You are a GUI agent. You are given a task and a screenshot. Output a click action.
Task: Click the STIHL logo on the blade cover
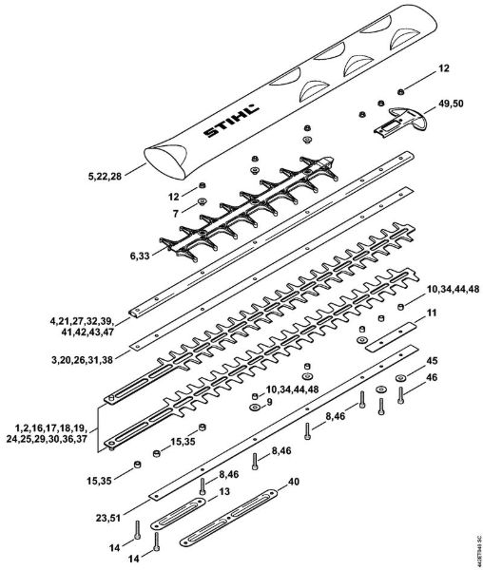pyautogui.click(x=231, y=122)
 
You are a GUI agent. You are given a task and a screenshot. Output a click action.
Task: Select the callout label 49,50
pyautogui.click(x=451, y=104)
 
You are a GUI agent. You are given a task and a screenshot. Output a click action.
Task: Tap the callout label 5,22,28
pyautogui.click(x=105, y=176)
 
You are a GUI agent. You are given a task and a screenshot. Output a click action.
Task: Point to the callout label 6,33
pyautogui.click(x=140, y=256)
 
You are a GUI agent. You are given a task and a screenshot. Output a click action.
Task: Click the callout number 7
pyautogui.click(x=176, y=214)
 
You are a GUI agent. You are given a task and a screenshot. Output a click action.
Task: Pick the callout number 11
pyautogui.click(x=432, y=313)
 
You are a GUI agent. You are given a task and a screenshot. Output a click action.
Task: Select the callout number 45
pyautogui.click(x=432, y=361)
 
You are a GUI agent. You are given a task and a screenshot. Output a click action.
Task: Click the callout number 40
pyautogui.click(x=294, y=482)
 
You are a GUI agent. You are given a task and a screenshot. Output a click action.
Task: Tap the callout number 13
pyautogui.click(x=224, y=491)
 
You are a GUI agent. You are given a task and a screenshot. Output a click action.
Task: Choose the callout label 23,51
pyautogui.click(x=108, y=518)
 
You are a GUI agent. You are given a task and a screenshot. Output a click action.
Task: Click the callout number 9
pyautogui.click(x=269, y=402)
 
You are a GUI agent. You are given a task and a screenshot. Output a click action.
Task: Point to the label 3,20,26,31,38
pyautogui.click(x=82, y=360)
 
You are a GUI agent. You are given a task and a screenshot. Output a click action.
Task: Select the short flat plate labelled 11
pyautogui.click(x=390, y=336)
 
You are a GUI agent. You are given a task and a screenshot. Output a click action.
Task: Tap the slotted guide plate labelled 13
pyautogui.click(x=178, y=514)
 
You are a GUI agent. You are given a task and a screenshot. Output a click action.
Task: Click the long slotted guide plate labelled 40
pyautogui.click(x=228, y=517)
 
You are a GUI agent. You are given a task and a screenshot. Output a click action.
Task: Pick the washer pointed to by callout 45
pyautogui.click(x=401, y=378)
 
